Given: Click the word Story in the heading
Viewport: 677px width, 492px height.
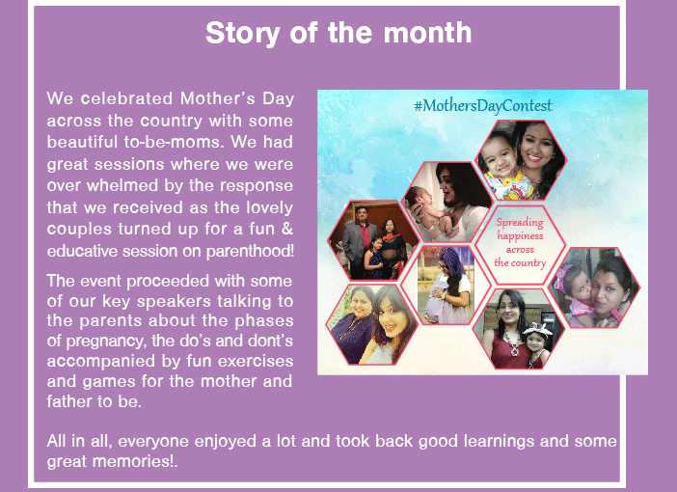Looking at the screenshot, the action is [x=242, y=34].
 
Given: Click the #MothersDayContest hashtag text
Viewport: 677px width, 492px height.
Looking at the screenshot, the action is [x=483, y=106].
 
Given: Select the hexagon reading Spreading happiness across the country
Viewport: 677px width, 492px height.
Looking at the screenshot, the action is [x=520, y=244].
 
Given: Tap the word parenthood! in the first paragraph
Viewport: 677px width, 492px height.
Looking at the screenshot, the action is [x=250, y=251].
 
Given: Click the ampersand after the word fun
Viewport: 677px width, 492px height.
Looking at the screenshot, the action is [x=287, y=229].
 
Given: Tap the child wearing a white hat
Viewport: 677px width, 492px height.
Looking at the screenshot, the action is [x=536, y=344].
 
